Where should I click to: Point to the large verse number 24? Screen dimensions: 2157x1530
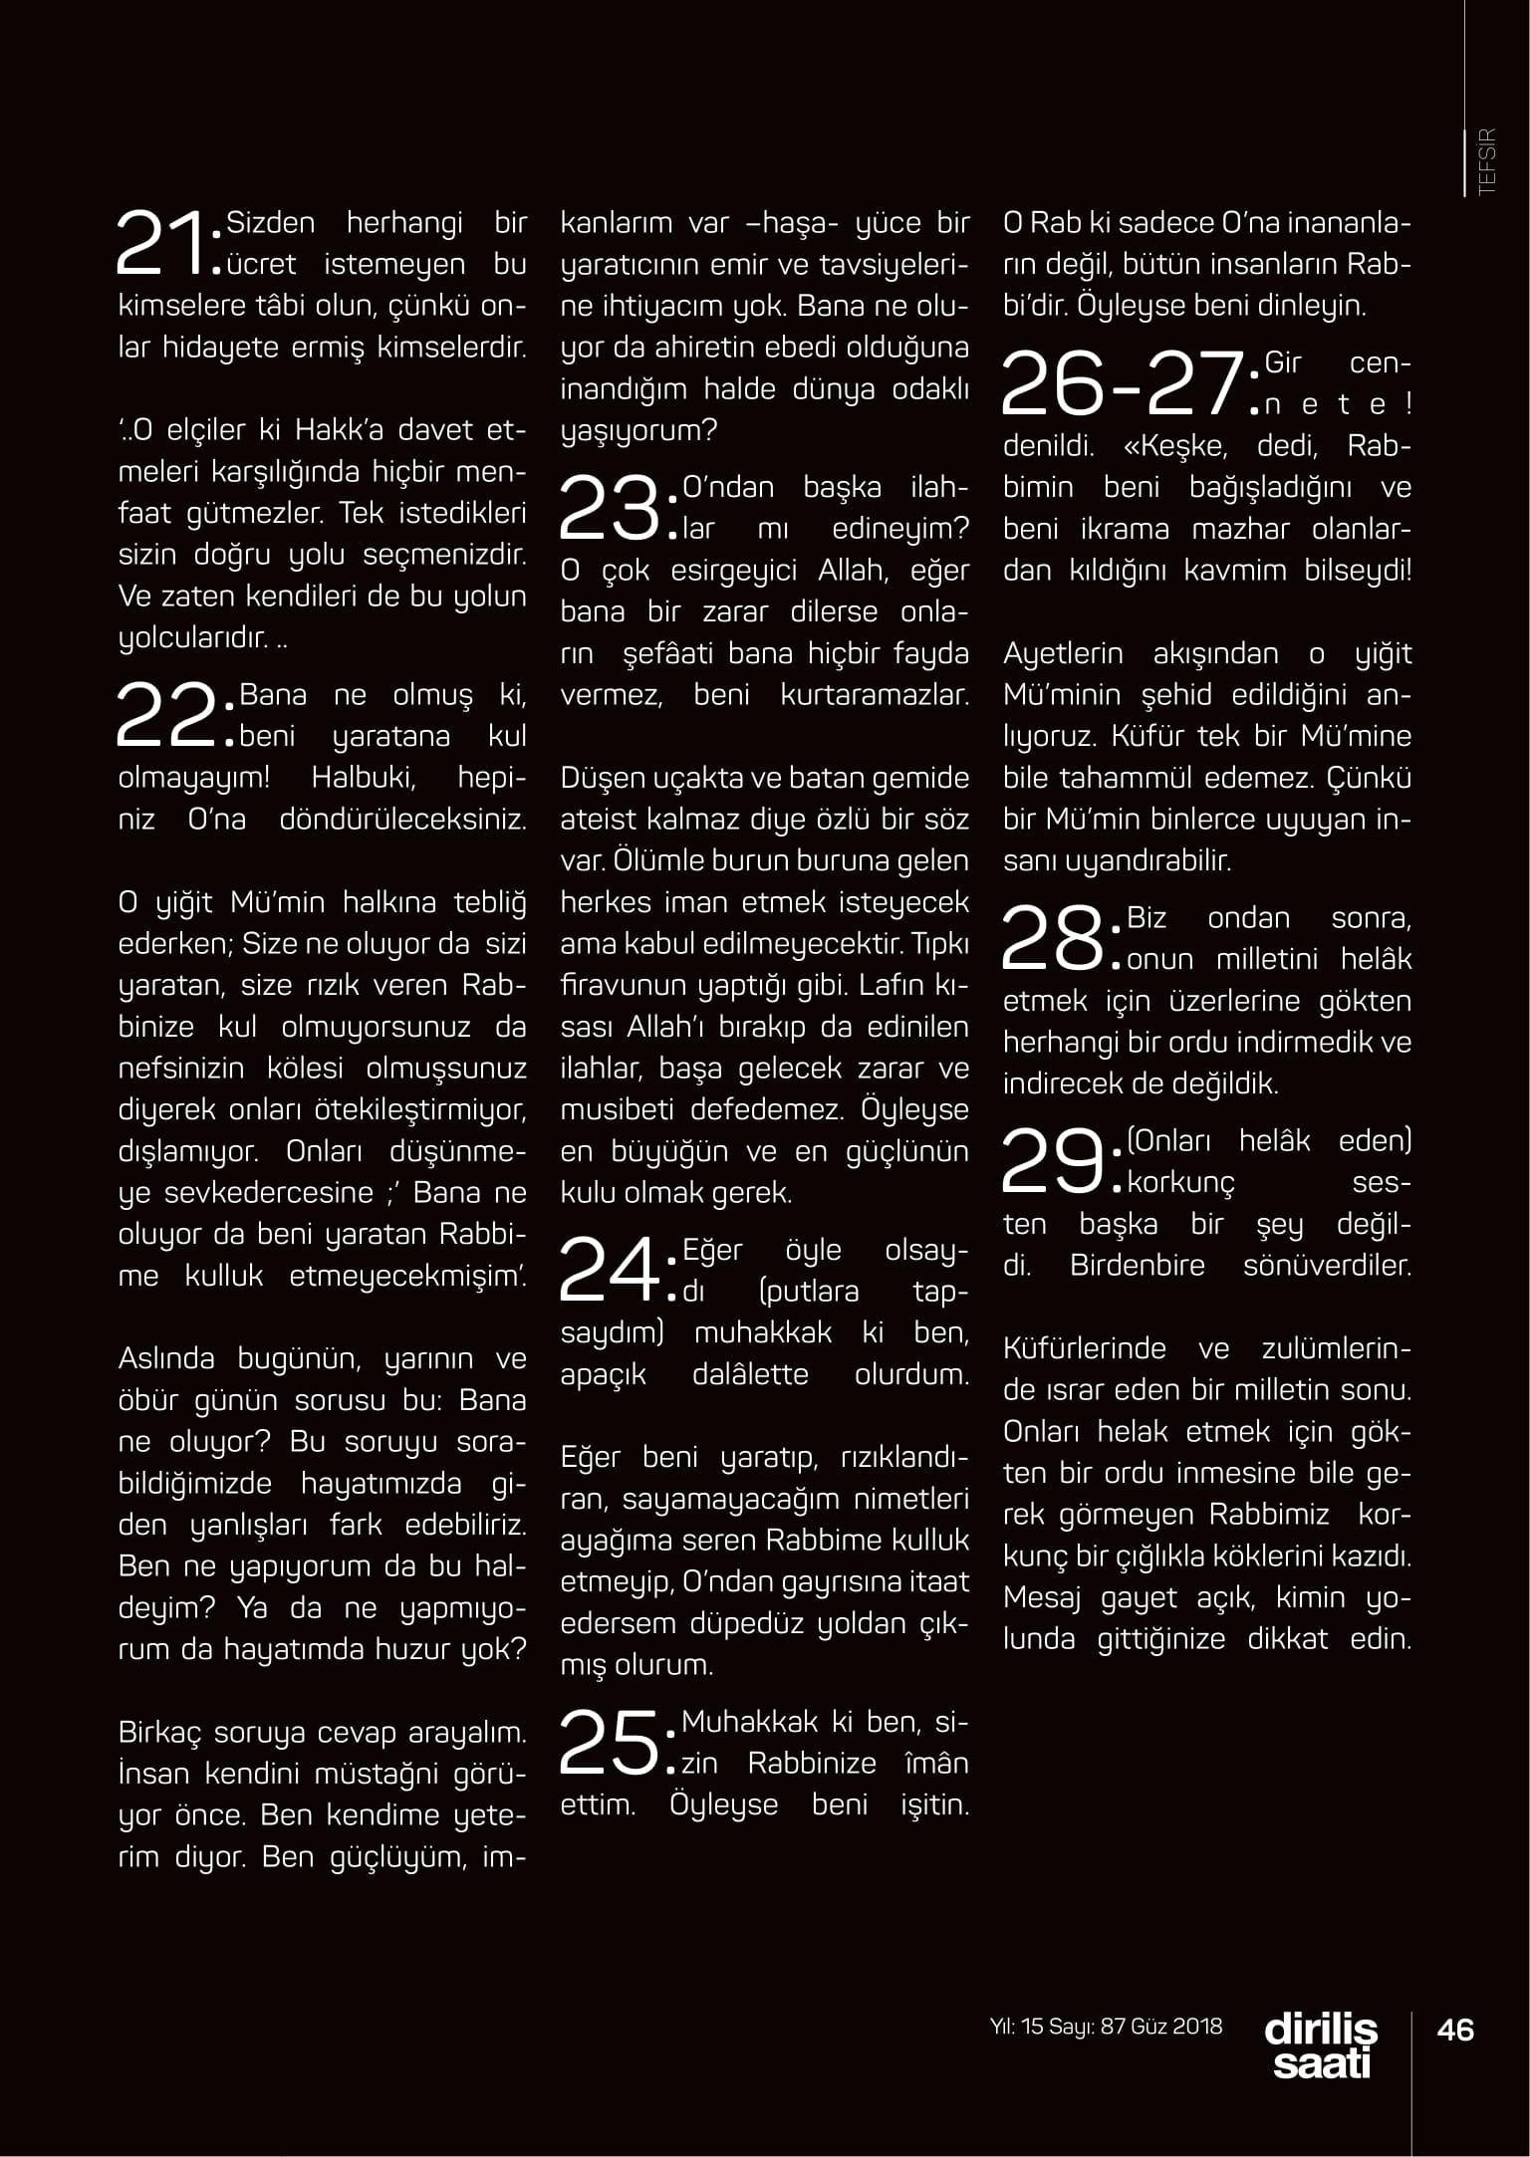tap(609, 1270)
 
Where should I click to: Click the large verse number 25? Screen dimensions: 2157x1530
tap(609, 1742)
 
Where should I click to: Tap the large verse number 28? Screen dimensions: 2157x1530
tap(1053, 938)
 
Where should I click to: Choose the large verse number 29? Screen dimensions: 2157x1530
tap(1053, 1161)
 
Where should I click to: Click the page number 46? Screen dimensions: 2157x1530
tap(1455, 2029)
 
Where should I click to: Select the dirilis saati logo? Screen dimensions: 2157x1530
tap(1321, 2045)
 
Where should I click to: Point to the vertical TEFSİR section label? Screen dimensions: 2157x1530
tap(1487, 161)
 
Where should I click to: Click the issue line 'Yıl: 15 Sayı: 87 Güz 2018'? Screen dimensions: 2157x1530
tap(1106, 2026)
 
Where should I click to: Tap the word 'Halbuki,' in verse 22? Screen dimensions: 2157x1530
tap(364, 778)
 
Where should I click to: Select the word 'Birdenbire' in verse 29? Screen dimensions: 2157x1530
tap(1137, 1266)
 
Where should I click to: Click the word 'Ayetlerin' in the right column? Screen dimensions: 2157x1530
tap(1063, 653)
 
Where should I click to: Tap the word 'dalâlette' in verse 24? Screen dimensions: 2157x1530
tap(750, 1374)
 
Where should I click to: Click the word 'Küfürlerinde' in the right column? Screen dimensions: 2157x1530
tap(1085, 1348)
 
